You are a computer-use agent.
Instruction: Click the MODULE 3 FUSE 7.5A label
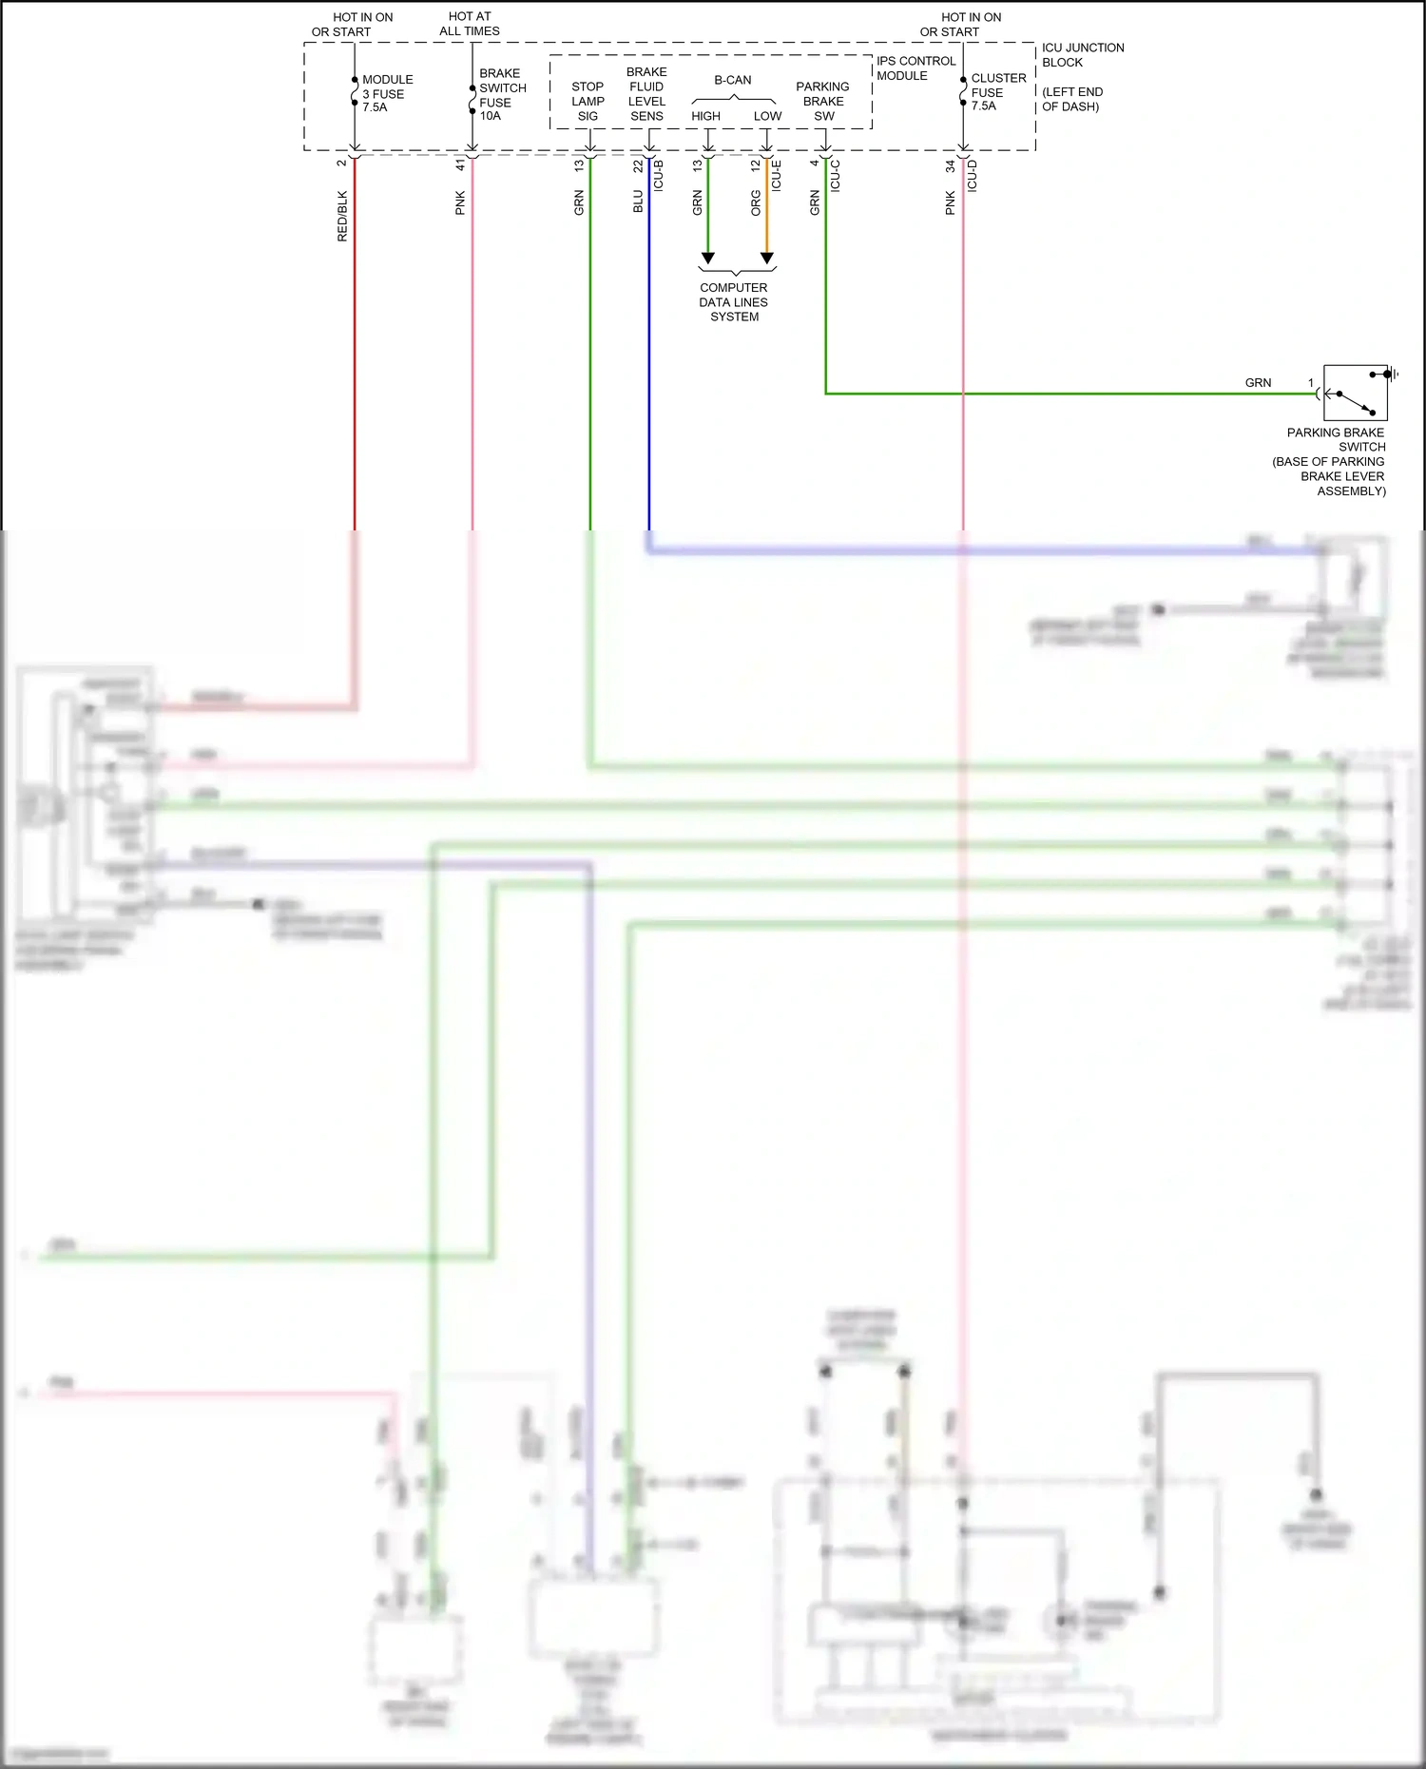click(x=386, y=93)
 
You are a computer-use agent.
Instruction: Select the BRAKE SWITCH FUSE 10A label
click(x=501, y=94)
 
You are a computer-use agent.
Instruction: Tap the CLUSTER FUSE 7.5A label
click(x=997, y=92)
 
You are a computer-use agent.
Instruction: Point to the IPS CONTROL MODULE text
click(x=915, y=67)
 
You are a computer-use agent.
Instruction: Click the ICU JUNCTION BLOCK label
click(x=1082, y=54)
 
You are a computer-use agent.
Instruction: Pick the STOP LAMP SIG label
click(x=588, y=101)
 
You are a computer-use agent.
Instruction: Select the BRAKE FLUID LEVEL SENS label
click(x=646, y=94)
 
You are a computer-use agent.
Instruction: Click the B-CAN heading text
click(x=732, y=80)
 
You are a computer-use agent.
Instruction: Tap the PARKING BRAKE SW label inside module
click(x=822, y=101)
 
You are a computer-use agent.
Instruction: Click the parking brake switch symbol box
click(x=1355, y=393)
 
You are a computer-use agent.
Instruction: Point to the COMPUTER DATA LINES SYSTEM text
click(x=733, y=301)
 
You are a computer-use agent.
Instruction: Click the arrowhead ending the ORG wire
click(x=767, y=258)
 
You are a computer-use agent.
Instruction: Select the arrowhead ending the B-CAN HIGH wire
click(x=707, y=258)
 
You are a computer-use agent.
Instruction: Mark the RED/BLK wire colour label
click(x=342, y=216)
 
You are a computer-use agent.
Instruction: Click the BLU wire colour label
click(x=638, y=202)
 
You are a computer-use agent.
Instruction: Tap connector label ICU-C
click(x=836, y=176)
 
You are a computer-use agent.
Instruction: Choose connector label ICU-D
click(x=973, y=176)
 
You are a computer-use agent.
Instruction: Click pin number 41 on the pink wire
click(x=460, y=164)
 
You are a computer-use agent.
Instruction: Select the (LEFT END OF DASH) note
click(x=1071, y=99)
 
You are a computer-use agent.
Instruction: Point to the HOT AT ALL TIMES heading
click(x=470, y=24)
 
